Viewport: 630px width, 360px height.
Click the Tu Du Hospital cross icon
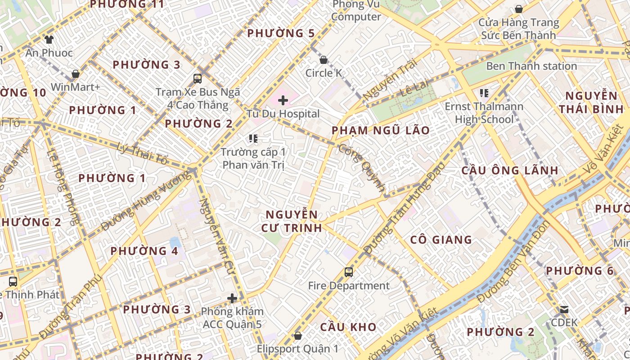coord(283,100)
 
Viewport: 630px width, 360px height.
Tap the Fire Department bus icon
coord(349,272)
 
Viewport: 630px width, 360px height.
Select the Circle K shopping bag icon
coord(323,60)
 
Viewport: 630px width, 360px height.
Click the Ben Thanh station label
coord(531,66)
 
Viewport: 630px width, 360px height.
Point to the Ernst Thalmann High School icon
coord(484,93)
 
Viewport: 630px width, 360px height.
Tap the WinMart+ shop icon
coord(75,74)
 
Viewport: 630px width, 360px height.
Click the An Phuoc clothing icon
coord(49,40)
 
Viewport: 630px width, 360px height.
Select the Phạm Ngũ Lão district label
coord(380,130)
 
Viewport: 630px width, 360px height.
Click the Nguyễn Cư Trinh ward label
coord(292,221)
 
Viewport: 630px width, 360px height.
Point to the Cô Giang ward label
coord(441,240)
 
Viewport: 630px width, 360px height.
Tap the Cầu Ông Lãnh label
coord(510,171)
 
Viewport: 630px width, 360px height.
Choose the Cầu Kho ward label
coord(348,327)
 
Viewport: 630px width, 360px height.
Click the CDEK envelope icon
coord(564,310)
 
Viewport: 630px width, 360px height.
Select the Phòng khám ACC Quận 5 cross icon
coord(232,298)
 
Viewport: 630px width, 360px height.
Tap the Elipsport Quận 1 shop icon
coord(297,336)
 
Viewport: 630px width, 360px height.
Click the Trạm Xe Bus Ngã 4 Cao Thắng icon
coord(198,79)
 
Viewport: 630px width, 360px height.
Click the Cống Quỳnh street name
coord(363,169)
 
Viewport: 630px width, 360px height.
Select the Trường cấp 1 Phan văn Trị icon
coord(253,139)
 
